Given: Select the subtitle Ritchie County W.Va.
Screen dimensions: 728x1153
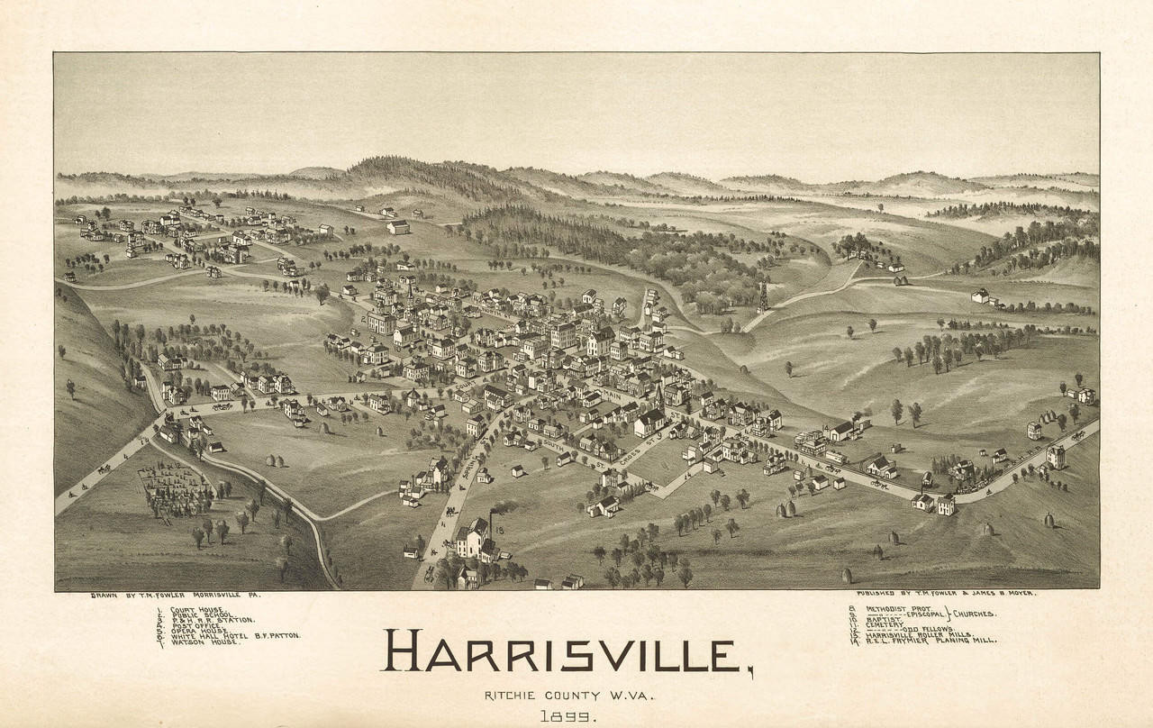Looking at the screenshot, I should click(568, 695).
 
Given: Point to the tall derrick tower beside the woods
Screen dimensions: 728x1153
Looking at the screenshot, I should click(762, 297).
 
